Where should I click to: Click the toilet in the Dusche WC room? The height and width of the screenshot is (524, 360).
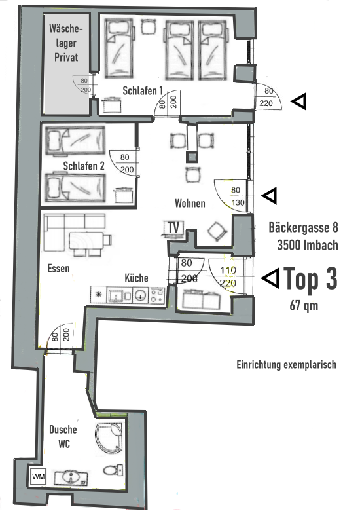pyautogui.click(x=113, y=470)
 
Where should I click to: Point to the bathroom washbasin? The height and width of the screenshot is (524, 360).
pyautogui.click(x=67, y=476)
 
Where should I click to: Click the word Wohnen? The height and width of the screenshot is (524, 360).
pyautogui.click(x=190, y=204)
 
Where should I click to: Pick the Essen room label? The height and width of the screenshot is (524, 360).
pyautogui.click(x=59, y=268)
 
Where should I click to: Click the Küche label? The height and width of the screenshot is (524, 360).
pyautogui.click(x=135, y=278)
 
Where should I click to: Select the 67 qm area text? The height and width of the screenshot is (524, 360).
pyautogui.click(x=305, y=305)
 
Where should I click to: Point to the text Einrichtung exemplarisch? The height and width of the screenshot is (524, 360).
pyautogui.click(x=287, y=364)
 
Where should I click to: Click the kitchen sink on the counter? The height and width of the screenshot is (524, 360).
pyautogui.click(x=119, y=295)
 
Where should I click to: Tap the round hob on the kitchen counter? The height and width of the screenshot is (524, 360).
pyautogui.click(x=139, y=295)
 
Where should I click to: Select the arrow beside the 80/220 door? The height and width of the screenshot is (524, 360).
pyautogui.click(x=298, y=101)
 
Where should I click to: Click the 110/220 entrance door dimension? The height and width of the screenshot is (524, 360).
pyautogui.click(x=228, y=277)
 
